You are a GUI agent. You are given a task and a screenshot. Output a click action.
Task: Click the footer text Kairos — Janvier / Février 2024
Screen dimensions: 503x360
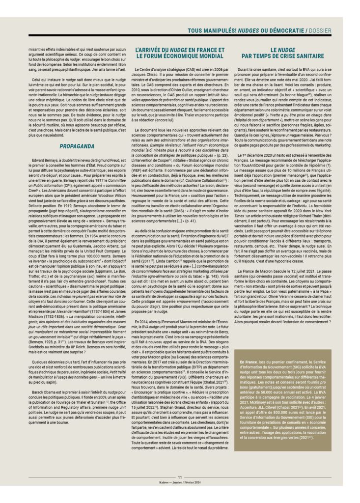(180, 483)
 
